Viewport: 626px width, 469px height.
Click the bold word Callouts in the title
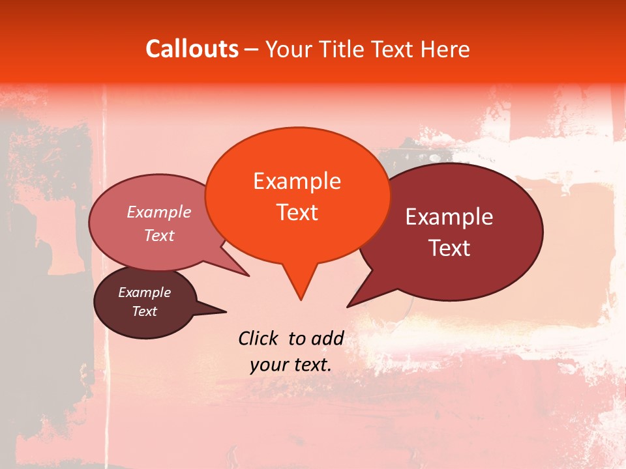click(x=192, y=49)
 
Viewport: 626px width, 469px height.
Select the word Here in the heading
click(x=445, y=49)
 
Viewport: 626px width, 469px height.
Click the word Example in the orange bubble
click(x=297, y=181)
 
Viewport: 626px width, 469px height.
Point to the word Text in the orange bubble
click(x=297, y=212)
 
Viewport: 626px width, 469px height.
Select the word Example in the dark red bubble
click(x=449, y=217)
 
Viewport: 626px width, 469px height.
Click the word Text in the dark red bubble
click(x=449, y=248)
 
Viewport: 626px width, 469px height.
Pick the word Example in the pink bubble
click(x=158, y=212)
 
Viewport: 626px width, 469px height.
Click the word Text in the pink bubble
click(x=158, y=235)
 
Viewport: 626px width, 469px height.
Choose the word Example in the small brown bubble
click(x=144, y=292)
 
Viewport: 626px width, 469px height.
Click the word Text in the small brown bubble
click(x=144, y=311)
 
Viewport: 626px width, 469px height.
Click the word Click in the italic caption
click(x=258, y=338)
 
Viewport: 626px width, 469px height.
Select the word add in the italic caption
click(x=327, y=338)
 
